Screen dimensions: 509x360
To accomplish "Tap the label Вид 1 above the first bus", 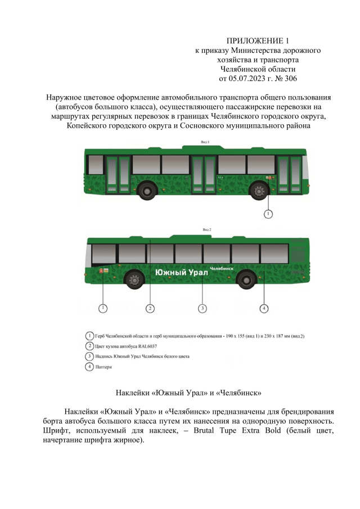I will point(205,143).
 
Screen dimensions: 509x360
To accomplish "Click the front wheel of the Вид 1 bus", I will point(259,190).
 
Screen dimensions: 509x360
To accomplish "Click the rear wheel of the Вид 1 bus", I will point(148,190).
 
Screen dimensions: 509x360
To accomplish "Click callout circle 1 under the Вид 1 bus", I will point(269,214).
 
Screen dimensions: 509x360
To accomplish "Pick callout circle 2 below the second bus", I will point(150,308).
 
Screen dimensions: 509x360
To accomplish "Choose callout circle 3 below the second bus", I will point(202,308).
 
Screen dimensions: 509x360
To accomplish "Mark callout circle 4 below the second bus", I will point(264,308).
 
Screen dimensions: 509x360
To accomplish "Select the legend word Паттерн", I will point(105,367).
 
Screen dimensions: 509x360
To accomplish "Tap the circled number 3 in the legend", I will point(89,357).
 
